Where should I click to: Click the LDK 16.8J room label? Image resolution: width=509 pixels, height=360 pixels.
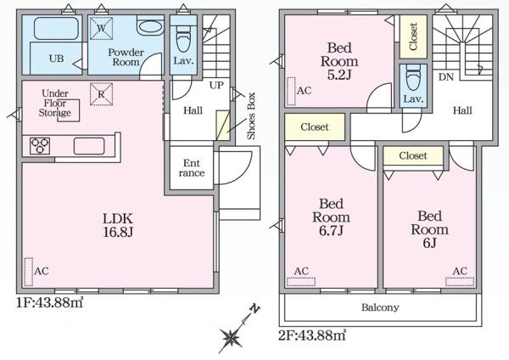coord(118,225)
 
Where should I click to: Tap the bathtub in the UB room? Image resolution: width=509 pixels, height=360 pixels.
coord(56,29)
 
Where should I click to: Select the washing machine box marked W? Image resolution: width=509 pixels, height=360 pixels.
coord(101,28)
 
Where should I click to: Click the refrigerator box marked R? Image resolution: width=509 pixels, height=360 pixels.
coord(101,94)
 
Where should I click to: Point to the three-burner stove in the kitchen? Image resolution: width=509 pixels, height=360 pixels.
coord(40,146)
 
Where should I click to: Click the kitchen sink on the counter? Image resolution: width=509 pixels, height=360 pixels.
coord(89,146)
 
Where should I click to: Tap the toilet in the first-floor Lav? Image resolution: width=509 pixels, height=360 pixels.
coord(184,38)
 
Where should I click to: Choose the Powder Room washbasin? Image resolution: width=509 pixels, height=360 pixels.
coord(149,26)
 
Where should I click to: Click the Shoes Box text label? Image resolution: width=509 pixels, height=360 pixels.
coord(252,116)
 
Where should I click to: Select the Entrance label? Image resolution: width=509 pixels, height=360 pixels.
coord(192,167)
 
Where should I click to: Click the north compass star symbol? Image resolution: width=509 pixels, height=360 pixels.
coord(231,337)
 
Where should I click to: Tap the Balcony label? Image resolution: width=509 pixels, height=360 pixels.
coord(380,307)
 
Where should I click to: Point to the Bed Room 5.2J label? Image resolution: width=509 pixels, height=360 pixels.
coord(339,61)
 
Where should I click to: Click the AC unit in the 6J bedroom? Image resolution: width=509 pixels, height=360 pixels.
coord(459,282)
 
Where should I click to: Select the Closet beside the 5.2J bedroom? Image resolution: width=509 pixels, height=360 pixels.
coord(413,37)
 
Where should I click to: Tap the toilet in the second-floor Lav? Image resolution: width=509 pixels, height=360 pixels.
coord(413,77)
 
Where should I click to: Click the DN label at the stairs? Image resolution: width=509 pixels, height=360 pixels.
coord(445,77)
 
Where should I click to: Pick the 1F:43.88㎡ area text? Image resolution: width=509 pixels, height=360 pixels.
coord(50,302)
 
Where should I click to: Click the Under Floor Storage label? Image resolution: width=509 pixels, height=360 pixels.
coord(55,103)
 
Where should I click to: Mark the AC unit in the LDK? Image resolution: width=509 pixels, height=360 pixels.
coord(29,272)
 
